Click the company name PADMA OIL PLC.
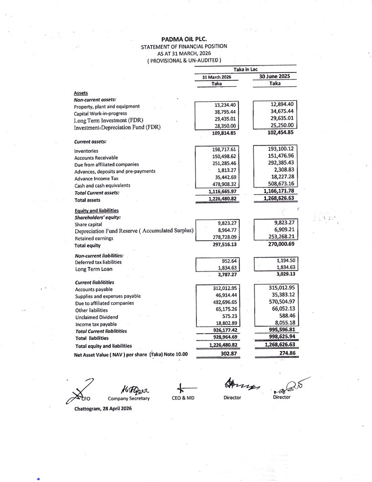(184, 39)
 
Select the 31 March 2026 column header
(216, 77)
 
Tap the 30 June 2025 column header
(274, 76)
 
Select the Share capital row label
(88, 224)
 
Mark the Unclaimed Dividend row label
(96, 317)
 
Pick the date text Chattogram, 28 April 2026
(103, 409)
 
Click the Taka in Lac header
(246, 69)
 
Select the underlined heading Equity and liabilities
(96, 210)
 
